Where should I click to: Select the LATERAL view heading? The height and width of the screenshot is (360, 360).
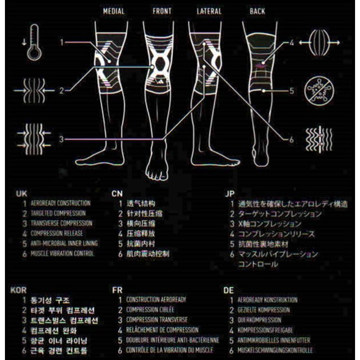[209, 11]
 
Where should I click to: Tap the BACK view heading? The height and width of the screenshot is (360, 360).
[257, 11]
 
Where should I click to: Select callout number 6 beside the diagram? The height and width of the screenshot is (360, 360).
[291, 139]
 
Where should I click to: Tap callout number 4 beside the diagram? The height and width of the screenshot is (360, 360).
[291, 44]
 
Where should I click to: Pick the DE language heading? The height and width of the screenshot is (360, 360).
[229, 290]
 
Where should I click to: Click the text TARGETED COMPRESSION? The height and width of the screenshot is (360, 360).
[58, 213]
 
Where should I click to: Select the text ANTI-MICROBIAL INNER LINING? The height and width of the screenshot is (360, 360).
[64, 243]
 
